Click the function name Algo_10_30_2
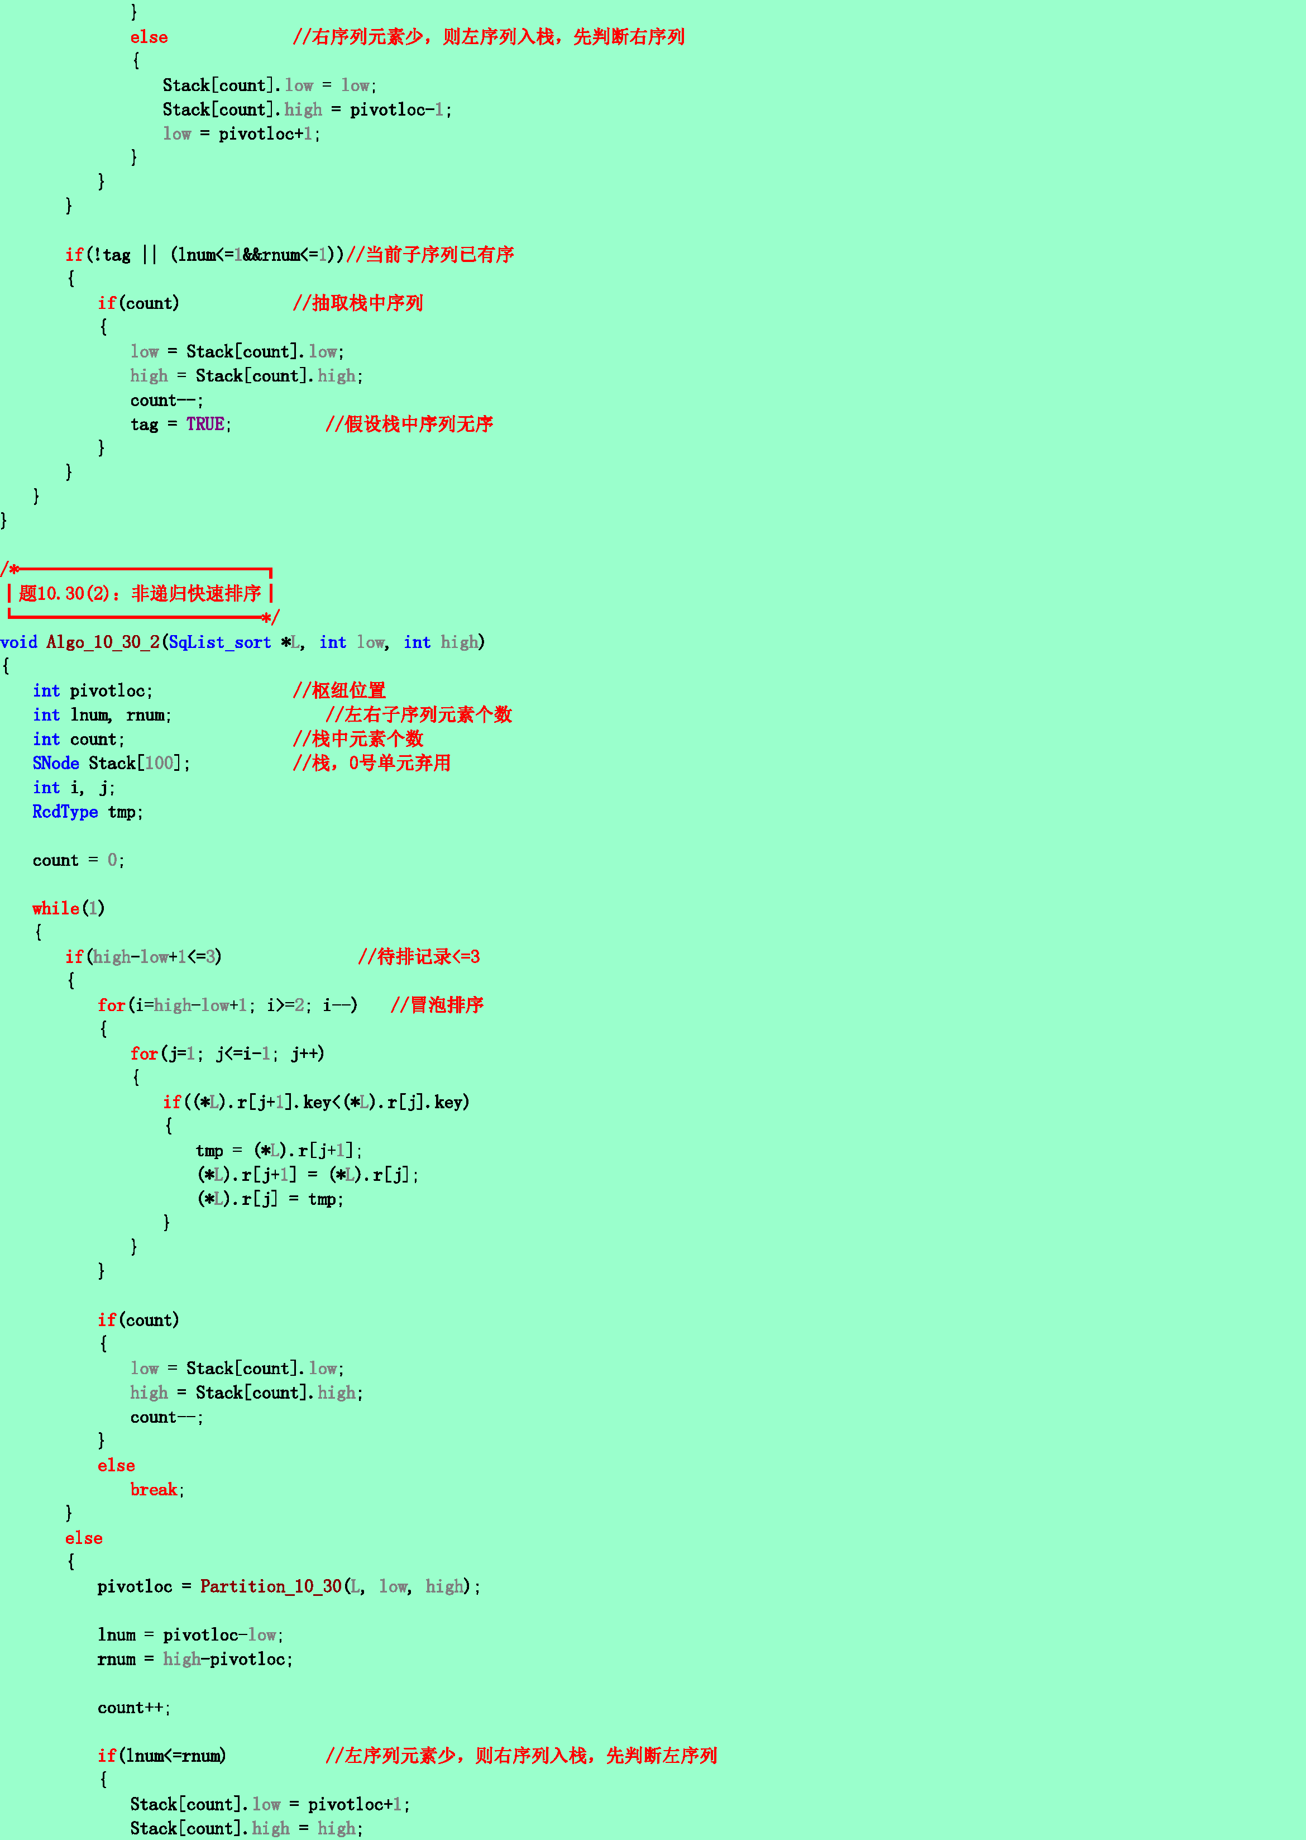pyautogui.click(x=103, y=642)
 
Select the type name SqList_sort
pyautogui.click(x=219, y=642)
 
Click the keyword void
pyautogui.click(x=18, y=642)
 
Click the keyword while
pyautogui.click(x=55, y=908)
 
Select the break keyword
pyautogui.click(x=154, y=1489)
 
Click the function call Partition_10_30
pyautogui.click(x=271, y=1586)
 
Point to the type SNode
pyautogui.click(x=55, y=762)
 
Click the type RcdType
pyautogui.click(x=65, y=812)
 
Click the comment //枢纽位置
pyautogui.click(x=339, y=690)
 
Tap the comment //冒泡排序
pyautogui.click(x=437, y=1005)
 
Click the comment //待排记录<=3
pyautogui.click(x=419, y=957)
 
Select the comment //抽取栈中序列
pyautogui.click(x=358, y=303)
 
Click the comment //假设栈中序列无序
pyautogui.click(x=409, y=424)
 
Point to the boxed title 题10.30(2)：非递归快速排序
pyautogui.click(x=140, y=594)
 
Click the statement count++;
pyautogui.click(x=133, y=1707)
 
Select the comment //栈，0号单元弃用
pyautogui.click(x=371, y=762)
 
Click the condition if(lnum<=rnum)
pyautogui.click(x=161, y=1756)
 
